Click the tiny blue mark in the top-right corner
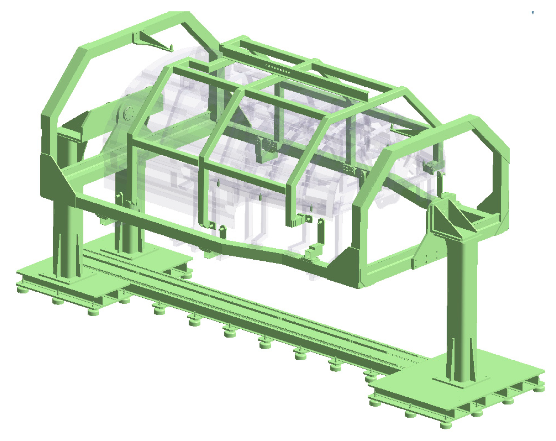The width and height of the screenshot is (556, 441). pyautogui.click(x=533, y=13)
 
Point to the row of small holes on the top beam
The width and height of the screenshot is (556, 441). pyautogui.click(x=278, y=69)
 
